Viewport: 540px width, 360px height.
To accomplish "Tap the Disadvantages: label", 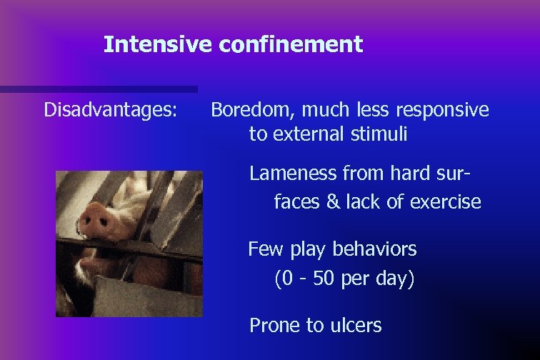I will point(111,110).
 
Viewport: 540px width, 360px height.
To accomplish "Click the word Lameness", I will point(293,174).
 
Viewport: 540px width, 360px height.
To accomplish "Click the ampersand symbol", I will point(333,202).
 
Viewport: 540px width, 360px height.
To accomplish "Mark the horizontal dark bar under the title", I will point(99,89).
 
